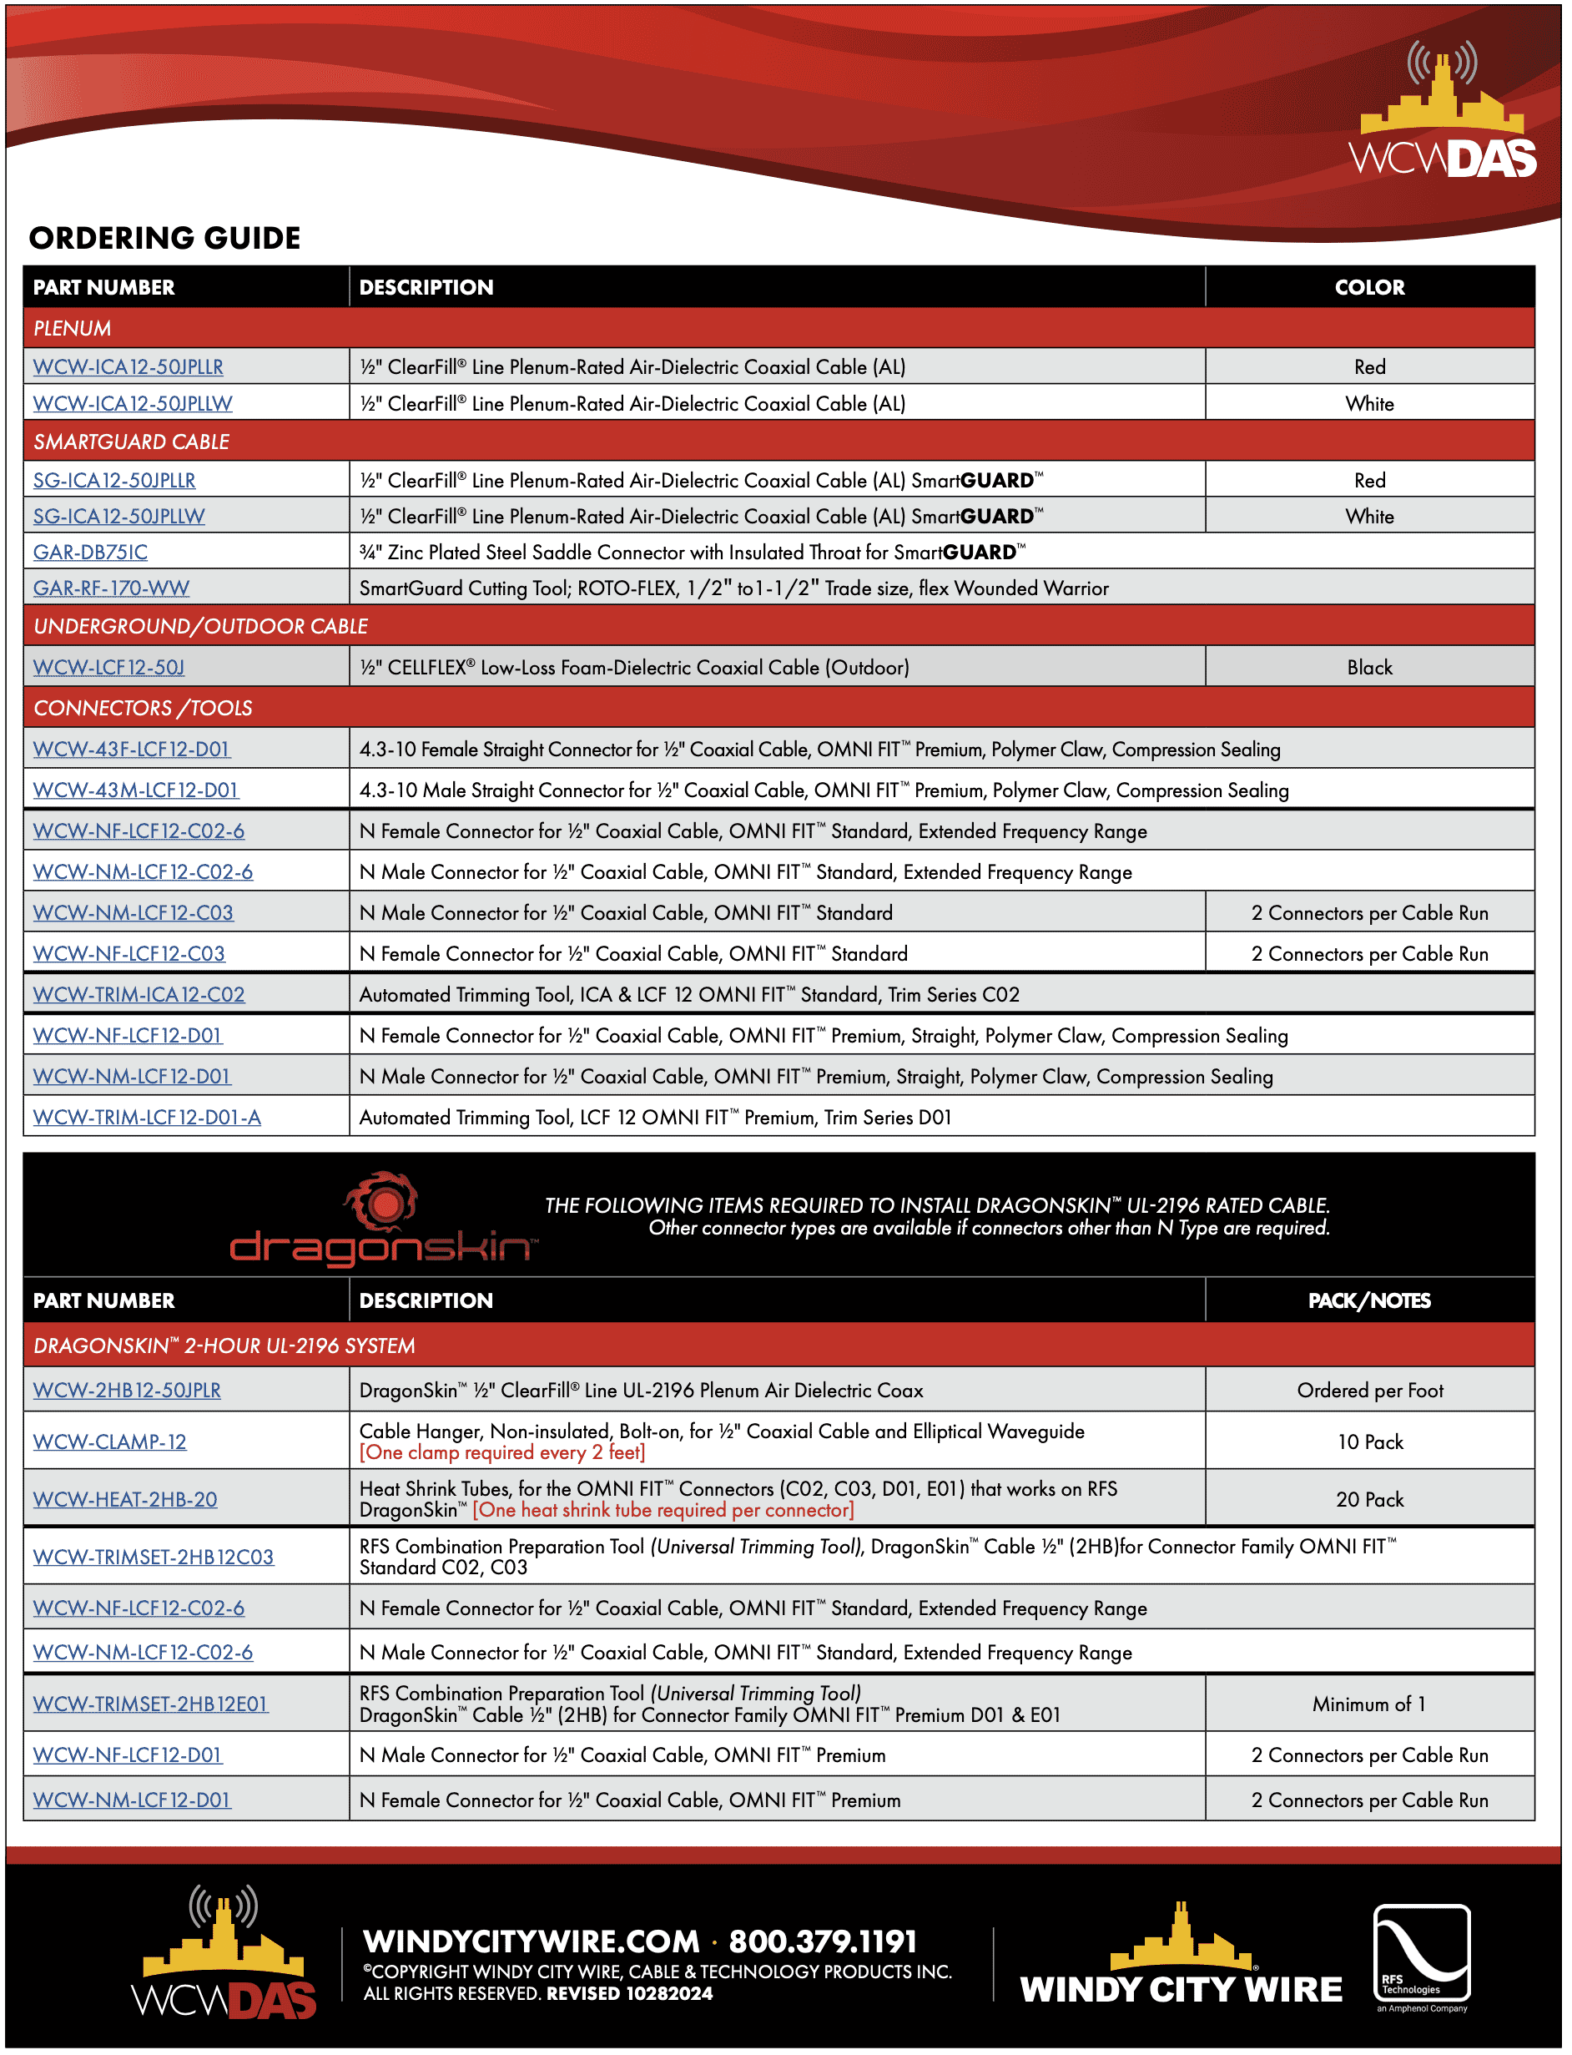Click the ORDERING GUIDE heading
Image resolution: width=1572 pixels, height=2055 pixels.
(164, 239)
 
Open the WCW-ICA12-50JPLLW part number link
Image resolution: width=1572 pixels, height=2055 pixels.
(133, 404)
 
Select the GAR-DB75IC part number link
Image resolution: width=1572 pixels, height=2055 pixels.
(91, 553)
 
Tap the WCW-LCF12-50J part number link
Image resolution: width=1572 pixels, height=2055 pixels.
(108, 668)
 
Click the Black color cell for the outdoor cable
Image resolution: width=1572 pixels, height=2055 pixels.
(1370, 668)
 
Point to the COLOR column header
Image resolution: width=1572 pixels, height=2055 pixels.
(1370, 288)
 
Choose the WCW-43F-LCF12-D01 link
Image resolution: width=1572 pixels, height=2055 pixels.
(131, 750)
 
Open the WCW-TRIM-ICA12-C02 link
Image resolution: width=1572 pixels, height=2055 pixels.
(139, 995)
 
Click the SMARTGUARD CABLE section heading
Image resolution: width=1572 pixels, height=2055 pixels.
(132, 442)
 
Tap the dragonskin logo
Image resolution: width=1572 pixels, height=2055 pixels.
(384, 1222)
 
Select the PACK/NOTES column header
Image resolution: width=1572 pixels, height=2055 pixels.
(1370, 1301)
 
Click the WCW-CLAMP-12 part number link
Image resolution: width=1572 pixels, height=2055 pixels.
(109, 1442)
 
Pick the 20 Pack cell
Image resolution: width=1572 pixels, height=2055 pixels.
(1370, 1500)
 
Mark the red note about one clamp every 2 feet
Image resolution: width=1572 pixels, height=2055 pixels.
(502, 1453)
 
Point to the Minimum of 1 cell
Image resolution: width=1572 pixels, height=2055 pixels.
(1370, 1705)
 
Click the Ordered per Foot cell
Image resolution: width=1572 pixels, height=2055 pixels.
(1370, 1391)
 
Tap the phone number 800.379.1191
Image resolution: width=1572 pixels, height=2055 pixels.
(823, 1942)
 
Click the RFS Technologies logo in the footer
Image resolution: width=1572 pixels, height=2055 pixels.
(1421, 1956)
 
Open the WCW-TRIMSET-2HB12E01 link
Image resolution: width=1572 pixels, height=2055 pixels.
(151, 1705)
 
